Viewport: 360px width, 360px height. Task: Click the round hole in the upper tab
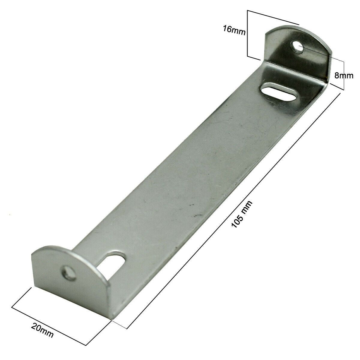coord(298,47)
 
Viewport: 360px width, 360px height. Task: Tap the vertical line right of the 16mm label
coord(247,33)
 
